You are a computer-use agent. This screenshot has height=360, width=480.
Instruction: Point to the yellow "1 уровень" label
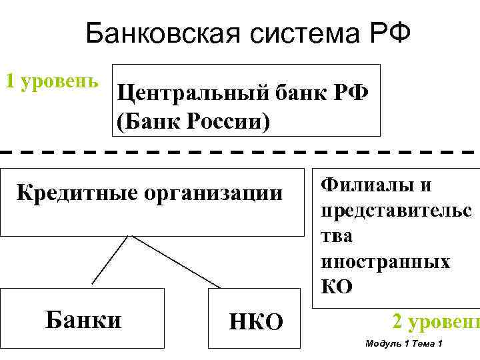[x=52, y=81]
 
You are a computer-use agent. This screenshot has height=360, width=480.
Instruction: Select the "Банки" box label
[x=83, y=319]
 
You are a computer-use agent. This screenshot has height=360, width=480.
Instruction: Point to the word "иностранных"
[x=385, y=261]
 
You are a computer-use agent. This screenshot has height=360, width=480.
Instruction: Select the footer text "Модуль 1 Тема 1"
[x=405, y=343]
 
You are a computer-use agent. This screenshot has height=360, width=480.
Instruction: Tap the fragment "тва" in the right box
[x=337, y=236]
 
